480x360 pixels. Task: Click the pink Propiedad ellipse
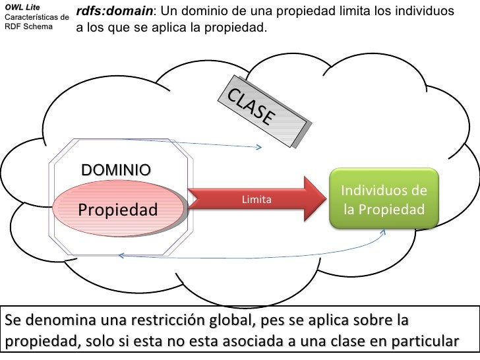coord(118,210)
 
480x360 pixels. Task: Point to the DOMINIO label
coord(115,170)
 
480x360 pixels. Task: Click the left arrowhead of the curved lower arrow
coord(119,256)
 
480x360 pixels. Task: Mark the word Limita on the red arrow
coord(256,199)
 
